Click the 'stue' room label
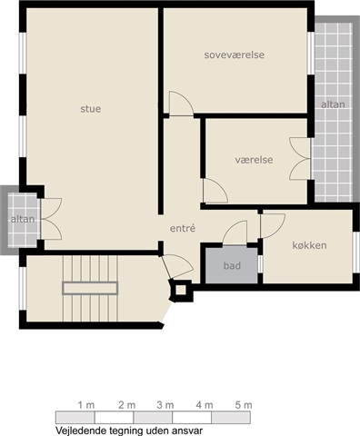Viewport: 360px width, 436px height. point(91,109)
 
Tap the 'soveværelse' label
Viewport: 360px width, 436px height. point(235,54)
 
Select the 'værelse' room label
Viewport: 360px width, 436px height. point(254,160)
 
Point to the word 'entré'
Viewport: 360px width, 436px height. point(183,228)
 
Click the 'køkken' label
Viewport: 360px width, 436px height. point(309,245)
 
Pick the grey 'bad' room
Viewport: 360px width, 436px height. point(232,265)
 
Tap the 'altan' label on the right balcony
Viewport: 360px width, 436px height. point(333,104)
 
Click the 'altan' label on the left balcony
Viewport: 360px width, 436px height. point(23,219)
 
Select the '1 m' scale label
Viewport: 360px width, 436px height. point(86,405)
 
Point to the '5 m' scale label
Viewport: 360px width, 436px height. point(244,405)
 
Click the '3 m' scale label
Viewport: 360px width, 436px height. point(165,405)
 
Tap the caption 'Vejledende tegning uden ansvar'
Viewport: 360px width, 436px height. point(129,431)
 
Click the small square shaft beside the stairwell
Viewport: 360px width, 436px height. point(181,290)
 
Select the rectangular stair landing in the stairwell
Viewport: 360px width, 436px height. point(90,288)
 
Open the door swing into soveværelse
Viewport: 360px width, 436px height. point(181,104)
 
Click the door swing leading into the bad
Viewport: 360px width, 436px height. point(235,233)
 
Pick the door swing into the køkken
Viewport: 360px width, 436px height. point(273,226)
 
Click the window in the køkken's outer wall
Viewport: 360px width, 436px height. point(356,253)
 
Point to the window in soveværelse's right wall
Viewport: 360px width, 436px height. point(311,53)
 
